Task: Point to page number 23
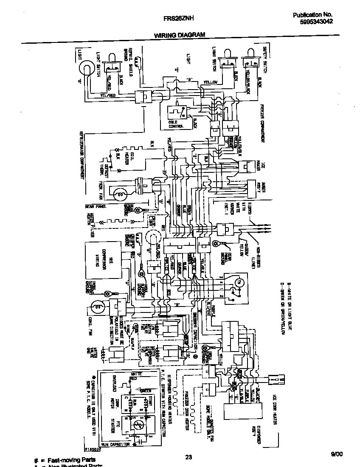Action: coord(189,457)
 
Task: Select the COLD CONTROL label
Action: coord(176,124)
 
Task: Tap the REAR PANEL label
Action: coord(96,207)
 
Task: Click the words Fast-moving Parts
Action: coord(71,460)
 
